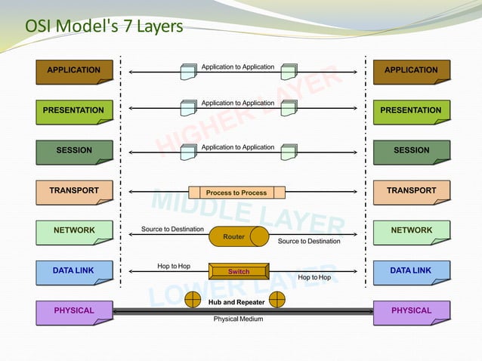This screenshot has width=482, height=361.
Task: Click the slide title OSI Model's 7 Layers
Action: point(104,26)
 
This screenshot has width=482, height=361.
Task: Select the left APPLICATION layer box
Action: point(74,71)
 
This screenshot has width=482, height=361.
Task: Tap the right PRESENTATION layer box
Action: point(411,111)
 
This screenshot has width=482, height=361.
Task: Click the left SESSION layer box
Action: point(74,151)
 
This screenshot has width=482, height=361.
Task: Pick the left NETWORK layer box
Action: point(74,231)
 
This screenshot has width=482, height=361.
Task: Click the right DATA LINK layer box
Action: point(411,271)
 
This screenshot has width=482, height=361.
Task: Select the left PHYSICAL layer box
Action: point(74,311)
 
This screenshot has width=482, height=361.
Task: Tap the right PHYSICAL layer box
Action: point(411,311)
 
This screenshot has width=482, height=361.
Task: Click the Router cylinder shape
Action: point(237,237)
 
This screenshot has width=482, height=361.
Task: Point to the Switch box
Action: point(238,271)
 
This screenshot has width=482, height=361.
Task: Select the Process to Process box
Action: point(236,193)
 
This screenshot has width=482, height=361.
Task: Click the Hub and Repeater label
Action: point(236,302)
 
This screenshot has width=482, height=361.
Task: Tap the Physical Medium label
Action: point(238,319)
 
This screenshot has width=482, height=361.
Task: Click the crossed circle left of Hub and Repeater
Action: point(195,300)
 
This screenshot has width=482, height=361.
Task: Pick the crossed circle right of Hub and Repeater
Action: point(277,300)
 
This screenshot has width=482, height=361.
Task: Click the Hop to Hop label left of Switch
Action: point(173,266)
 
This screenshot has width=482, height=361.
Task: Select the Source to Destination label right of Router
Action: point(309,242)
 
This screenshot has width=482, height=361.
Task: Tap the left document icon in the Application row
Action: point(188,72)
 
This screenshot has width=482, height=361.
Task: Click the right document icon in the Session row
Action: point(288,152)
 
